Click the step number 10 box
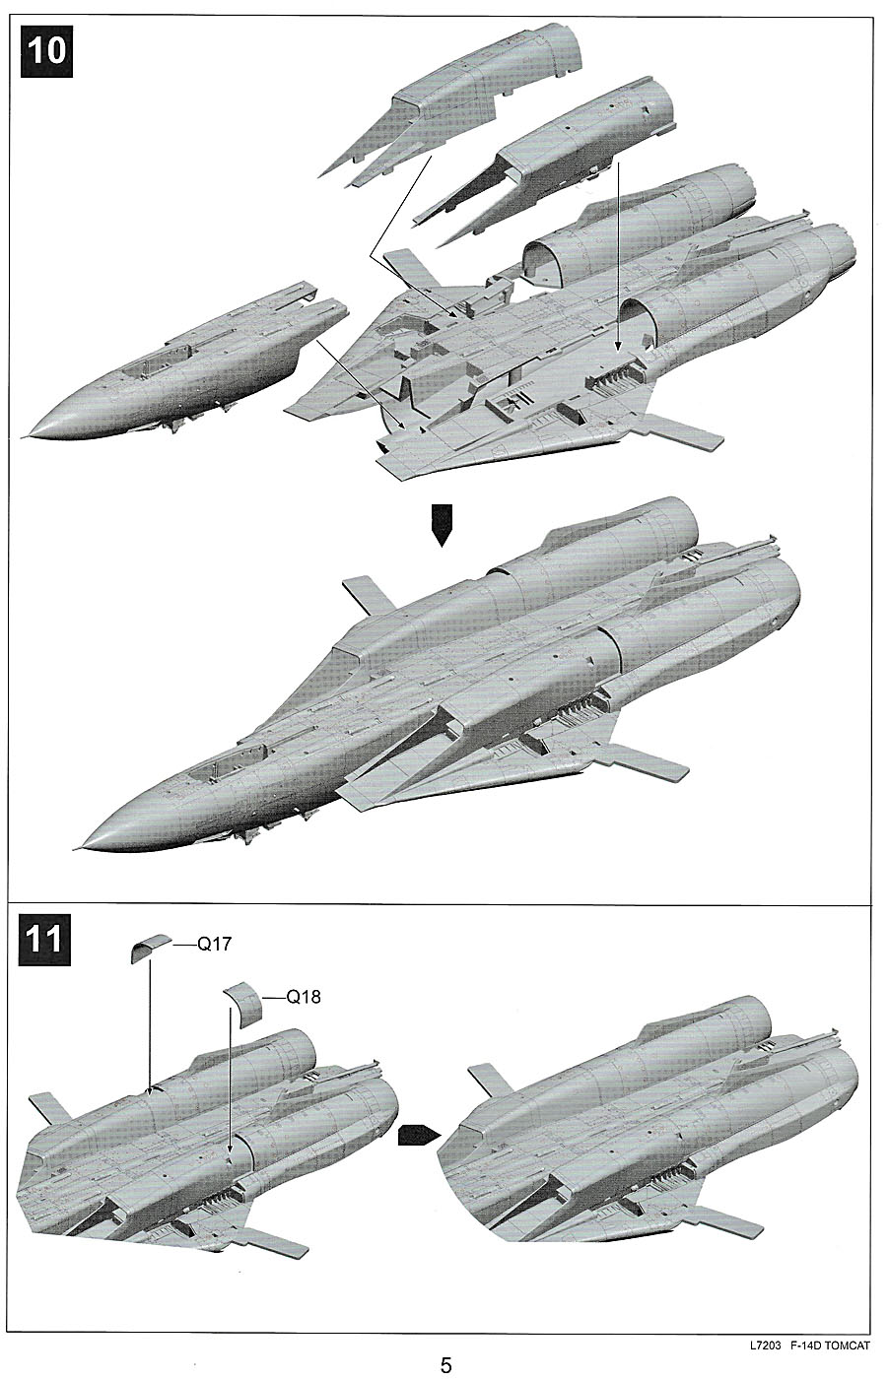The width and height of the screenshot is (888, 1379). point(45,48)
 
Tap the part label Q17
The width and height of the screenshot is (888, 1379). point(214,945)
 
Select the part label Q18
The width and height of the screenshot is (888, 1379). point(303,997)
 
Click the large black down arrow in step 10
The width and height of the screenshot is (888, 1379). point(442,524)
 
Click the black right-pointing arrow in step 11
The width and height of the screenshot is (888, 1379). point(418,1135)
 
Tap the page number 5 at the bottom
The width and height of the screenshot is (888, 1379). point(445,1365)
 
